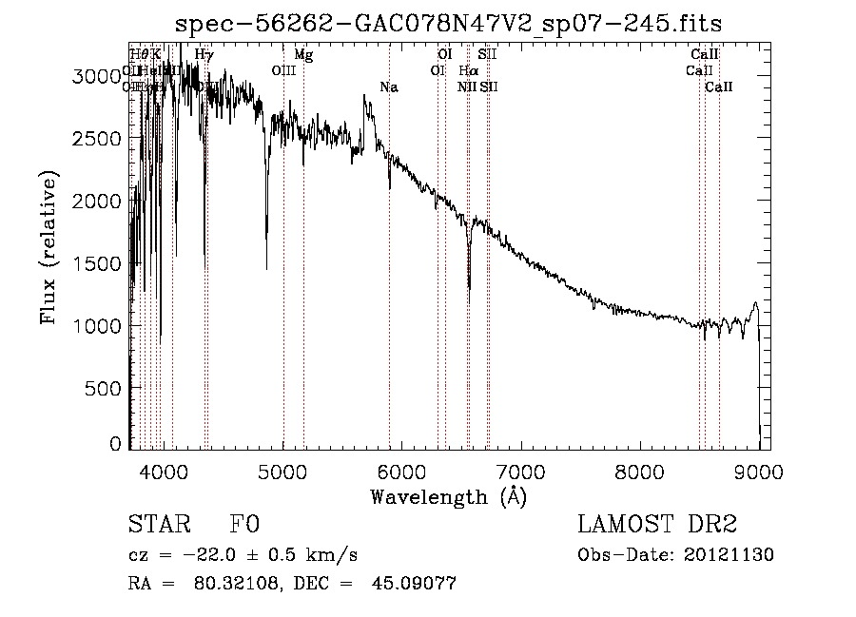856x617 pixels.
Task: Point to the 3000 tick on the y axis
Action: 98,77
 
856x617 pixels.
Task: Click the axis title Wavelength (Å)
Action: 448,496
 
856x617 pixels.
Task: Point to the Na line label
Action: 388,87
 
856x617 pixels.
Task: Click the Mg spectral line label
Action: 303,55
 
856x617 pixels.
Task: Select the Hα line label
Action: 467,71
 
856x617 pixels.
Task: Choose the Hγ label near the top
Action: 204,55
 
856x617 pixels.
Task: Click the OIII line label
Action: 283,71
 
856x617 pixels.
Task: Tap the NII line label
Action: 466,87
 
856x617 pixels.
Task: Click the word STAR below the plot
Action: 158,525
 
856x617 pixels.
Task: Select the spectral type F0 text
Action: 244,525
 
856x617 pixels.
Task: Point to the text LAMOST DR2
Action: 657,525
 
